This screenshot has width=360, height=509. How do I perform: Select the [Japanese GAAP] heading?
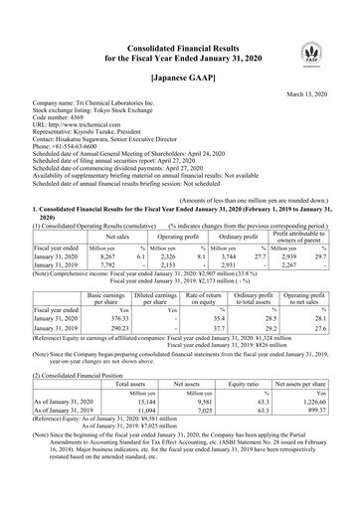tap(179, 76)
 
